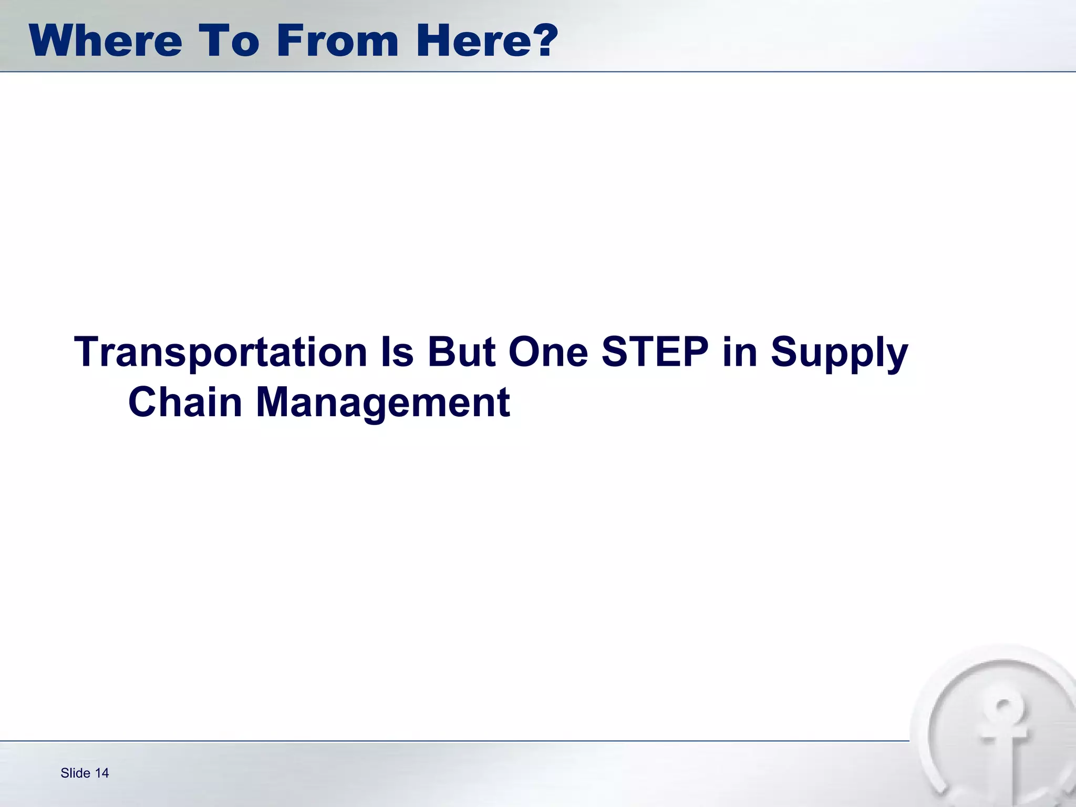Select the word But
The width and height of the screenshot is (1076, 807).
461,352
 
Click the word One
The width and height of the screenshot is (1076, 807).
548,352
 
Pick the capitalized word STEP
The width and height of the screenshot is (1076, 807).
655,352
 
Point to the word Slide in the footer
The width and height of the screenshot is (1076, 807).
75,773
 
